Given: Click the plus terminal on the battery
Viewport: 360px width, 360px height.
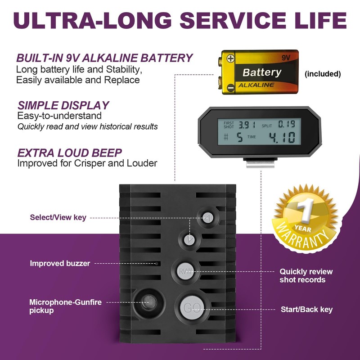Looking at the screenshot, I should tap(230, 58).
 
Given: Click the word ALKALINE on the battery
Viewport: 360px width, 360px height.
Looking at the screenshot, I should tap(256, 85).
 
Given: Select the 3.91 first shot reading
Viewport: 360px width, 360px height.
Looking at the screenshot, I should tap(246, 125).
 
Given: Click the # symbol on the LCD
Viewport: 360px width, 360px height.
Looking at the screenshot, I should tap(226, 137).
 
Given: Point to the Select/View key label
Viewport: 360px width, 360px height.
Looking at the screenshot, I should tap(58, 217).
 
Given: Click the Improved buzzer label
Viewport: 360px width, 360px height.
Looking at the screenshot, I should tap(60, 263).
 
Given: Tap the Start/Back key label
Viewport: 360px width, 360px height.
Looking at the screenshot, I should tap(306, 309).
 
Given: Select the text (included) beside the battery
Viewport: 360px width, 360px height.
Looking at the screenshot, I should tap(323, 74).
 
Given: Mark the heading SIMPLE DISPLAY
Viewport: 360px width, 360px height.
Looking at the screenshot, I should tap(63, 105).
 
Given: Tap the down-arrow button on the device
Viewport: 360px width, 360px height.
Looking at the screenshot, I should tap(189, 239).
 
